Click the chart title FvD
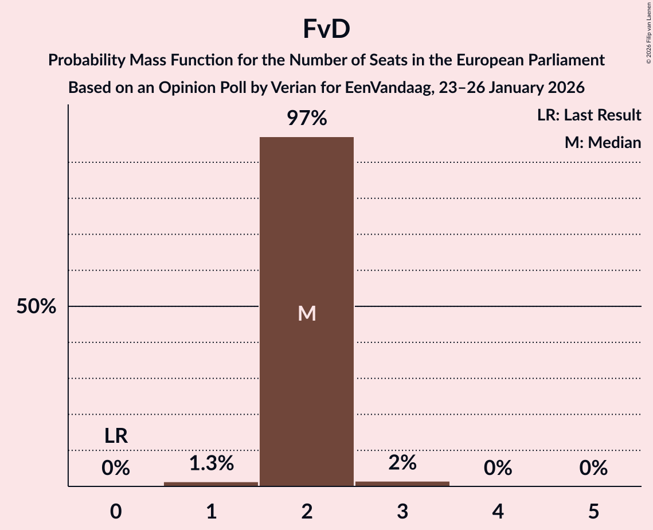pyautogui.click(x=326, y=30)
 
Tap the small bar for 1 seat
pyautogui.click(x=211, y=484)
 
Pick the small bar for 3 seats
pyautogui.click(x=402, y=484)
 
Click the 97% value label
pyautogui.click(x=307, y=119)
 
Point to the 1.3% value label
pyautogui.click(x=211, y=463)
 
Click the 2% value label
pyautogui.click(x=402, y=462)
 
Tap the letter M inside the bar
pyautogui.click(x=307, y=313)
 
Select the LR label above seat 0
pyautogui.click(x=116, y=437)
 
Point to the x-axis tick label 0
pyautogui.click(x=116, y=511)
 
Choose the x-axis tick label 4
pyautogui.click(x=498, y=511)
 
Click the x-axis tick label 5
pyautogui.click(x=593, y=511)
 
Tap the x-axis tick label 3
pyautogui.click(x=402, y=511)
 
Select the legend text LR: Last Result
pyautogui.click(x=589, y=115)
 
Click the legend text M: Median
pyautogui.click(x=603, y=142)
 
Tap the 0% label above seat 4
pyautogui.click(x=498, y=469)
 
